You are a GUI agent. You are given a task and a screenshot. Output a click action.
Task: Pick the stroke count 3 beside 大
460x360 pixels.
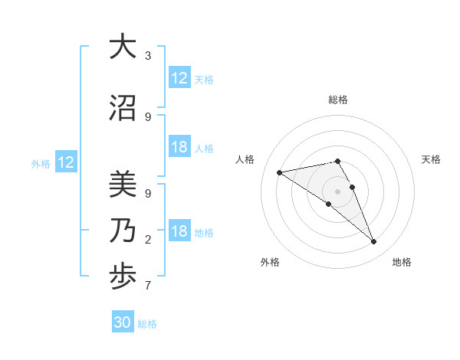click(147, 56)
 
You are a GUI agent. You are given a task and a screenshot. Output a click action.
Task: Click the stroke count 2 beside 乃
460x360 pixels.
click(147, 240)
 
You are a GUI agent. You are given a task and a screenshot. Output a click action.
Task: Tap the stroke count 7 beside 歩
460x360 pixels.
click(147, 286)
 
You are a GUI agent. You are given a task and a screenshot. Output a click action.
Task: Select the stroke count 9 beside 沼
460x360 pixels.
click(147, 117)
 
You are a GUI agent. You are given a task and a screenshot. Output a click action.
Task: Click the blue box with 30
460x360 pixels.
click(123, 322)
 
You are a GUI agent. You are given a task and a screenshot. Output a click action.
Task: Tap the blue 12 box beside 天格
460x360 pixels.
click(179, 78)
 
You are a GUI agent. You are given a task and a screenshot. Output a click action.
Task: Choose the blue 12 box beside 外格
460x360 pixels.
click(66, 162)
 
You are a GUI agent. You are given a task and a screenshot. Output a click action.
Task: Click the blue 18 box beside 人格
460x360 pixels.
click(179, 147)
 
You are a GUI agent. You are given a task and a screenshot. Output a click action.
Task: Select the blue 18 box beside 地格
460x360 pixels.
click(179, 231)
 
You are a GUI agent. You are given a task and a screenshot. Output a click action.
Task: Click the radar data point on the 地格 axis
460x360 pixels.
click(374, 242)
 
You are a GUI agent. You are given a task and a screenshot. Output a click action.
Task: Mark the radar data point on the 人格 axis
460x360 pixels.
click(280, 172)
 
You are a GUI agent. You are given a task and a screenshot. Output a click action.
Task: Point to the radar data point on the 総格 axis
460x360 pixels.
click(337, 161)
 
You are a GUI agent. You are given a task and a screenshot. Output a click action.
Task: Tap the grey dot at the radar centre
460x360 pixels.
click(337, 191)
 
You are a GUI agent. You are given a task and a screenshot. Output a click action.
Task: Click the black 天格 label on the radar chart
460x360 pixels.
click(431, 159)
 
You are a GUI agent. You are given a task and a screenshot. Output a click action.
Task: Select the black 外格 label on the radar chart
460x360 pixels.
click(270, 262)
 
